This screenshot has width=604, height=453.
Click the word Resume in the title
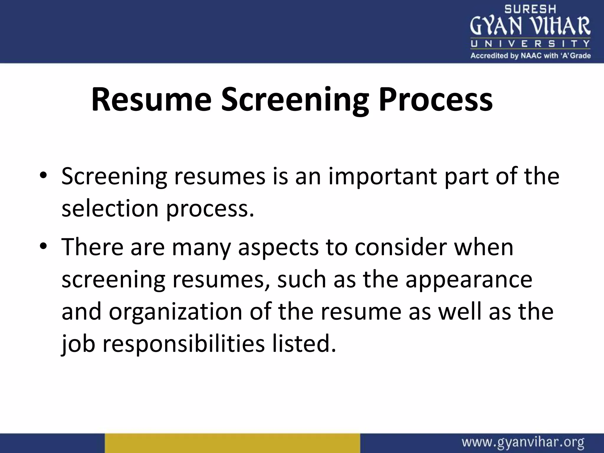coord(151,99)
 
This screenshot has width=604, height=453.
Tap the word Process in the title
coord(436,99)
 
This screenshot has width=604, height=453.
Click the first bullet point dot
coord(43,176)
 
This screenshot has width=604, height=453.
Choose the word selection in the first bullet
coord(110,209)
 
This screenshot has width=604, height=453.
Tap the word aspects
coord(278,247)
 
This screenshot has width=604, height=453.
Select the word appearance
coord(469,280)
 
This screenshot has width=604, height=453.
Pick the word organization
coord(175,312)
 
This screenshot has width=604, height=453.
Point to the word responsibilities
coord(183,344)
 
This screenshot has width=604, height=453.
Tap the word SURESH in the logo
coord(530,9)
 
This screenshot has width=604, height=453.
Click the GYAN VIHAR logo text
coord(530,26)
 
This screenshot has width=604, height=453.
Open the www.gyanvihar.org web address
coord(523,443)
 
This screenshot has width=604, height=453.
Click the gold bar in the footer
coord(232,443)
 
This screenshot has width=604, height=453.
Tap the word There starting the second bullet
coord(92,247)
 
